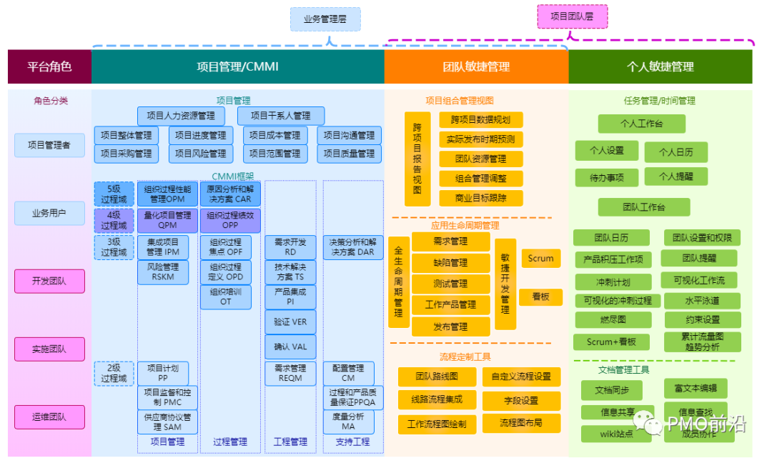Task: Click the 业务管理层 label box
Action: [x=325, y=19]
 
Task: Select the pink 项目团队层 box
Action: [x=572, y=16]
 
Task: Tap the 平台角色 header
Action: [x=49, y=66]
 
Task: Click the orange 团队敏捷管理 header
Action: [x=476, y=66]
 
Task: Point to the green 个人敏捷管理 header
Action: [x=660, y=66]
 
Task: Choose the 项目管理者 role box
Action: [x=49, y=145]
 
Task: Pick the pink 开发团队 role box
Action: [x=49, y=281]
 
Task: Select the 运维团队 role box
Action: [x=49, y=417]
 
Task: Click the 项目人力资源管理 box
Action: [x=181, y=116]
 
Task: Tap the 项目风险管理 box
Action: [x=201, y=154]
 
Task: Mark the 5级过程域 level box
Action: [x=113, y=194]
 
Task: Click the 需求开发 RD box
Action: [x=290, y=247]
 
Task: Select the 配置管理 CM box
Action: [x=348, y=372]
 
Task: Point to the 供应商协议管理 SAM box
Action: [x=163, y=422]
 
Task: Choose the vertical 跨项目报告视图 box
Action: [x=417, y=159]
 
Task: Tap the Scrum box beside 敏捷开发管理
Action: [x=540, y=258]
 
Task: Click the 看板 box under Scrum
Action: [x=540, y=297]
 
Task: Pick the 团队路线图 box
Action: [x=436, y=377]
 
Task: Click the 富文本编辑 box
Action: [x=695, y=389]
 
